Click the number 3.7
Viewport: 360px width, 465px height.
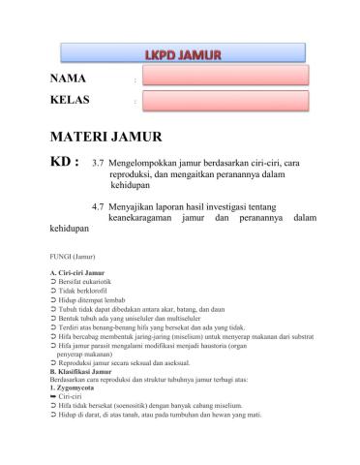98,164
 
